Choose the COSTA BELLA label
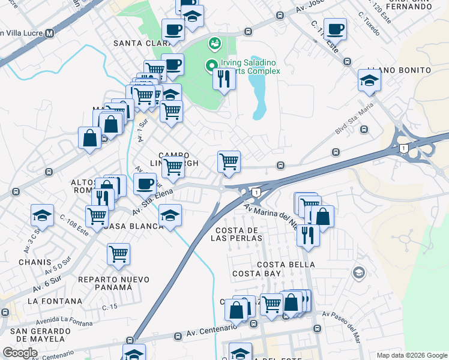[286, 265]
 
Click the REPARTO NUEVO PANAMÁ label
[105, 283]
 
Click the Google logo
[20, 353]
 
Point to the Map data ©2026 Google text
[411, 355]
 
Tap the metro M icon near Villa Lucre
[50, 34]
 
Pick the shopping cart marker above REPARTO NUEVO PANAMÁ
[118, 253]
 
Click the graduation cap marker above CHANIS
[43, 215]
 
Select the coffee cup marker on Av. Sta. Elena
[145, 184]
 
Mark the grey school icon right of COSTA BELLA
[359, 273]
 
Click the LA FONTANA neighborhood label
[55, 301]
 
